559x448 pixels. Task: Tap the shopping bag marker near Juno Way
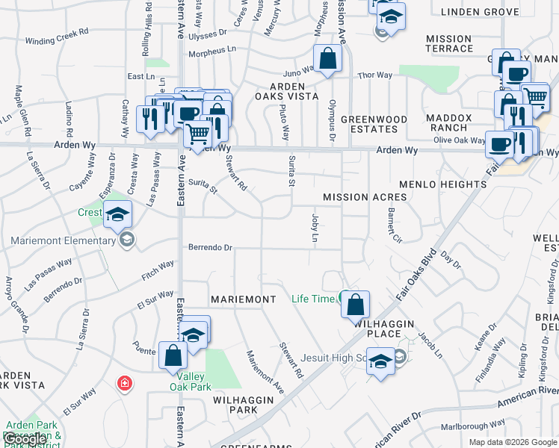coord(327,58)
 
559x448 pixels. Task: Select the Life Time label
coord(313,299)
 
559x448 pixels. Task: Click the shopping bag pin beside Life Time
coord(356,305)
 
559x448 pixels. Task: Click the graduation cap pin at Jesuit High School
coord(381,362)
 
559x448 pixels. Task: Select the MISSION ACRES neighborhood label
coord(365,197)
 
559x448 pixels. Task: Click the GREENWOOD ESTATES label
coord(374,124)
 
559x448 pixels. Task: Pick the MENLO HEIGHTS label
coord(442,184)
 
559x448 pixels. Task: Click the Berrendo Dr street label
coord(211,248)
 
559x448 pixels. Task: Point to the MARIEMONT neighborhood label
coord(244,299)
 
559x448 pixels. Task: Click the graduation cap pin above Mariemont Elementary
coord(117,214)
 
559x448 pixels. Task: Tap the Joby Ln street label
coord(315,227)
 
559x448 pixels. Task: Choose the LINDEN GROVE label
coord(479,12)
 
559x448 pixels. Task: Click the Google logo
coord(25,439)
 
